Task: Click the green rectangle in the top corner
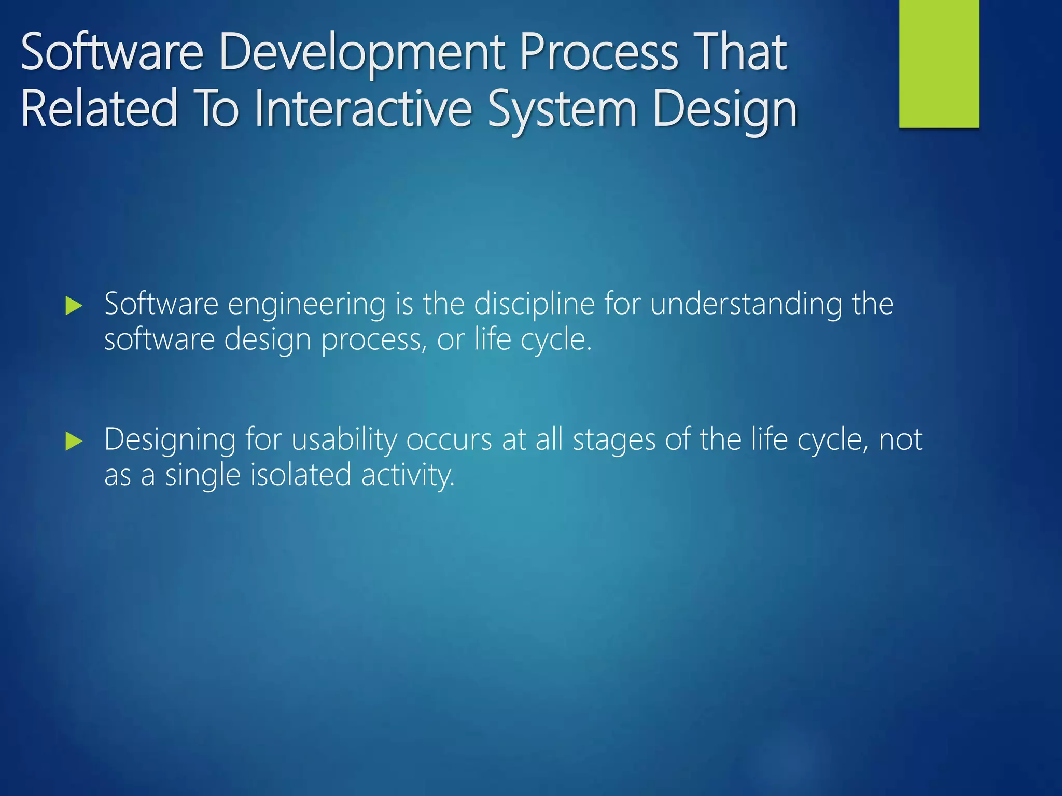click(939, 63)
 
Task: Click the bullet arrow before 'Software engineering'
click(74, 306)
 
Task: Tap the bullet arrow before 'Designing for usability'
click(74, 442)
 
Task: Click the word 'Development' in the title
click(362, 53)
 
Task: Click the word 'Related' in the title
click(99, 109)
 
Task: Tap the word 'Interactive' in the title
click(363, 109)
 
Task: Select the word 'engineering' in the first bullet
click(306, 305)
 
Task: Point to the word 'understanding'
click(746, 305)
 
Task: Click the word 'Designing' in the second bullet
click(170, 441)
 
